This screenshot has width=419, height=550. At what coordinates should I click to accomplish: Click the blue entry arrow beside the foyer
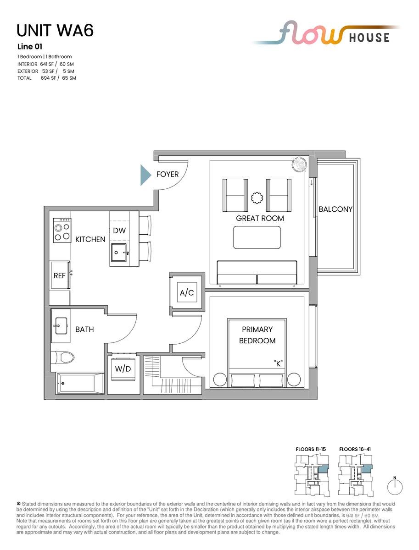(x=145, y=175)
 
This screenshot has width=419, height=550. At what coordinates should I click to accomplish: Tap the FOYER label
(x=168, y=175)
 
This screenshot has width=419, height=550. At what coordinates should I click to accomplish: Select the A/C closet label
(x=187, y=292)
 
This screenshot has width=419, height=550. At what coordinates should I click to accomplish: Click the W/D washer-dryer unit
(x=123, y=369)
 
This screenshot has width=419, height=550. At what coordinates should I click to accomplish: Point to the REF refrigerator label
(x=60, y=275)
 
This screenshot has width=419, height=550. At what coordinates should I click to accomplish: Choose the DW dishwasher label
(x=119, y=231)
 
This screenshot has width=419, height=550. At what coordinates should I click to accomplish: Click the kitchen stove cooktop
(x=62, y=230)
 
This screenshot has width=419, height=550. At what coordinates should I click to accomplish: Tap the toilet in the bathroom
(x=63, y=357)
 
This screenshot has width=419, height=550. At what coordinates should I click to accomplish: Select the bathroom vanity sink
(x=61, y=326)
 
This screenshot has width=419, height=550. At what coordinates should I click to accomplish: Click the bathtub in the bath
(x=80, y=384)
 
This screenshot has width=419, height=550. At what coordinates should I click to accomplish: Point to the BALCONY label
(x=335, y=209)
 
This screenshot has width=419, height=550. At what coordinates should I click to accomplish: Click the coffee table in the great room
(x=257, y=237)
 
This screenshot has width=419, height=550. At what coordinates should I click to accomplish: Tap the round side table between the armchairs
(x=257, y=198)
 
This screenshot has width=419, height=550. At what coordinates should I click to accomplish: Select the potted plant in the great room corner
(x=299, y=165)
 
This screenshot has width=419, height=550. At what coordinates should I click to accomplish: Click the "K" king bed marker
(x=278, y=363)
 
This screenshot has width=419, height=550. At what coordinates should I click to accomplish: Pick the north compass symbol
(x=395, y=487)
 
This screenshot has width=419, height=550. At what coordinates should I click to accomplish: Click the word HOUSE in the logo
(x=369, y=38)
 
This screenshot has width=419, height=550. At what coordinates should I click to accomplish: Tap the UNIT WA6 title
(x=55, y=31)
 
